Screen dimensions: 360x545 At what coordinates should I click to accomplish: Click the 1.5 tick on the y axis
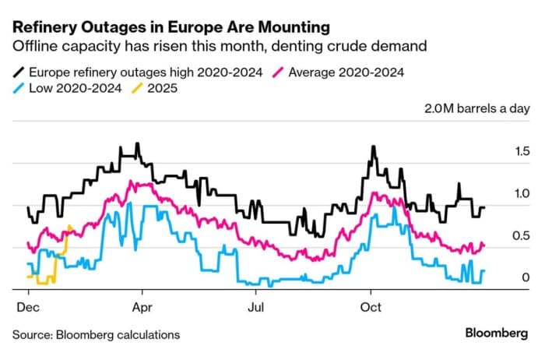[522, 151]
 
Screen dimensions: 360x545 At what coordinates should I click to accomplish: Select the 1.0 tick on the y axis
[522, 194]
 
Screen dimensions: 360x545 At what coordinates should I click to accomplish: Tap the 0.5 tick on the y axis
[522, 236]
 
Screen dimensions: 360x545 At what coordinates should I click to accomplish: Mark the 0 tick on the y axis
[526, 278]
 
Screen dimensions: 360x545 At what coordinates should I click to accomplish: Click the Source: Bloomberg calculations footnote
[96, 335]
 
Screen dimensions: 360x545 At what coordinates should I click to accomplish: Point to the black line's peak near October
[374, 146]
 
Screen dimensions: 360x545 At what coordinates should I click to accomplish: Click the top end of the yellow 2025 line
[71, 226]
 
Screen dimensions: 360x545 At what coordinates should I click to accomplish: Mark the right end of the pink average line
[484, 245]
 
